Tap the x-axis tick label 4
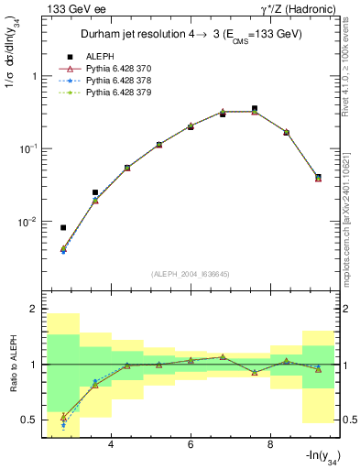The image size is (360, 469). click(111, 445)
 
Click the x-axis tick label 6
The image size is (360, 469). click(191, 445)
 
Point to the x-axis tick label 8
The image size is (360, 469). click(270, 445)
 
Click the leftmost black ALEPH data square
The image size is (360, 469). click(63, 227)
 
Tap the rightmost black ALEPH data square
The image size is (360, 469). click(318, 176)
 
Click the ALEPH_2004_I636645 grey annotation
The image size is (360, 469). click(191, 274)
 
